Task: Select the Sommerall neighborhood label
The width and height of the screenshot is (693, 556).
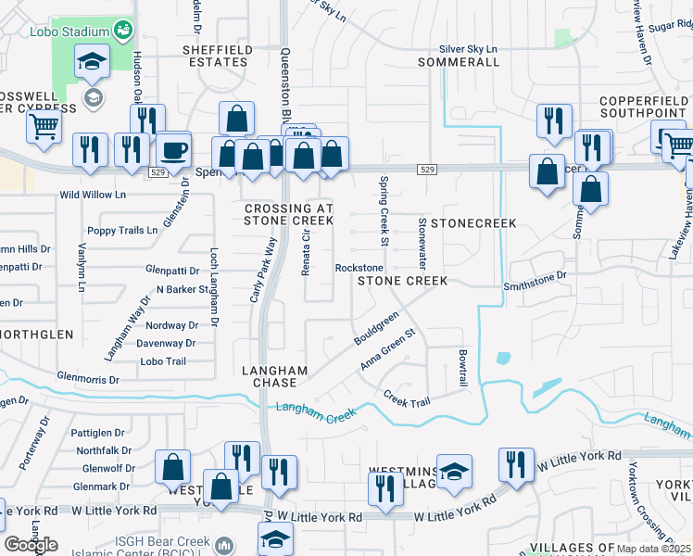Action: [459, 62]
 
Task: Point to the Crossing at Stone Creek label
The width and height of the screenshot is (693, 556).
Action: [288, 214]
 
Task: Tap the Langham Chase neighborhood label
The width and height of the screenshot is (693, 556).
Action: [269, 375]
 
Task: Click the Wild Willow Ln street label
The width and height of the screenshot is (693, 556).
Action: [92, 195]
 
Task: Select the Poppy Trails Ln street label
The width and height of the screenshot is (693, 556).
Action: [122, 230]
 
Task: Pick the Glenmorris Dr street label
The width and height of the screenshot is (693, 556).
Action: [89, 379]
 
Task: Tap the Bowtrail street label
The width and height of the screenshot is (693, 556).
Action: [461, 368]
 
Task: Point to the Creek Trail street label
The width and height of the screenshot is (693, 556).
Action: [407, 398]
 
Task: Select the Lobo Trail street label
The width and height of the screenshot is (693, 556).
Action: [163, 361]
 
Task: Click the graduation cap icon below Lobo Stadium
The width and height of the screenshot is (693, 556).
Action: [92, 63]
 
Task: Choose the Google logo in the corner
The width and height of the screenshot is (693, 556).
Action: [31, 545]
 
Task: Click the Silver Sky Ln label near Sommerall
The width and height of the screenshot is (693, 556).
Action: [468, 49]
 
